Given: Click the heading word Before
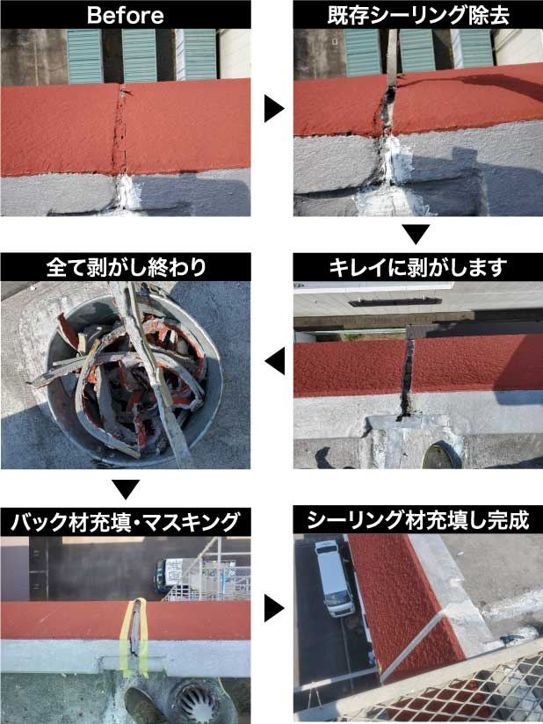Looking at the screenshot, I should tap(126, 14).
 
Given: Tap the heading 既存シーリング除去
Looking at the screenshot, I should tap(418, 14).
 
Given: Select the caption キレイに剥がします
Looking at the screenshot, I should tap(418, 267).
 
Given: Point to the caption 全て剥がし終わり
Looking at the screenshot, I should tap(126, 267).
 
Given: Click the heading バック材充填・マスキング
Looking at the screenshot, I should tap(126, 522).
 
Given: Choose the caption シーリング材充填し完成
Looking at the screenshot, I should tap(418, 522).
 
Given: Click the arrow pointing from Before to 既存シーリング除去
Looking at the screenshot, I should tap(274, 108).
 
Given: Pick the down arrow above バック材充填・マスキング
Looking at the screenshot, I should tap(126, 489).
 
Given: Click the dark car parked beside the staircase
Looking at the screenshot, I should tap(176, 576).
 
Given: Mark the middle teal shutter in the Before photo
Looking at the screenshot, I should tap(140, 54).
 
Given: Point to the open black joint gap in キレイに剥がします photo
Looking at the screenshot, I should tap(406, 378).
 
